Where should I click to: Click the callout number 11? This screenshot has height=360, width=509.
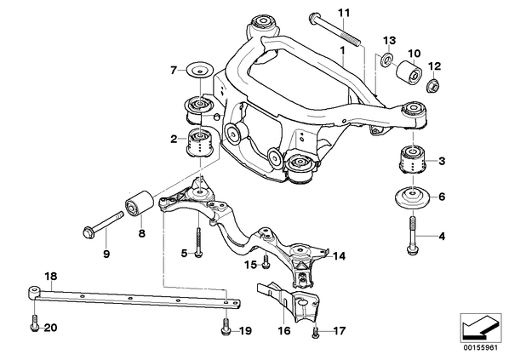pos(344,14)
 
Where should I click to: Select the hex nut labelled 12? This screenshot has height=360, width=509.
pos(432,86)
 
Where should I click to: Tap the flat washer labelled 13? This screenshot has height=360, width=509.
pos(387,59)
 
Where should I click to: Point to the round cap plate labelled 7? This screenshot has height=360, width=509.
pos(199,70)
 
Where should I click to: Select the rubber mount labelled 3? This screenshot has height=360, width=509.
pos(412,160)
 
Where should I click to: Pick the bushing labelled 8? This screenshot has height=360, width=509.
pos(140,203)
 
